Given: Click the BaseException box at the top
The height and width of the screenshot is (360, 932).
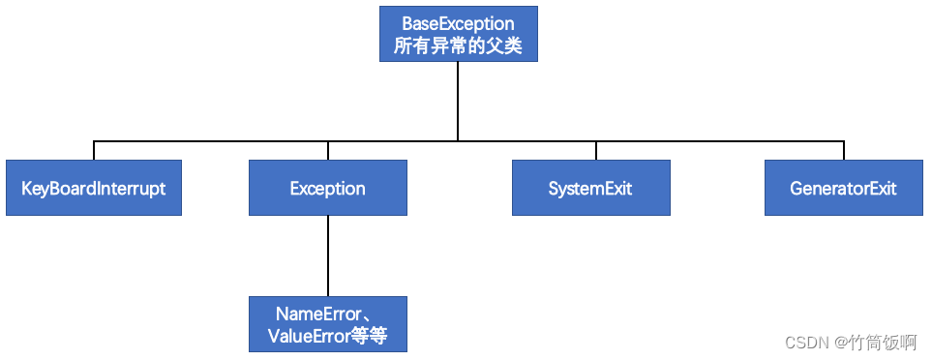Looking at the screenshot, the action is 459,34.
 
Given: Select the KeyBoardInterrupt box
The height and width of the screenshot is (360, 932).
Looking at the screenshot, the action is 93,188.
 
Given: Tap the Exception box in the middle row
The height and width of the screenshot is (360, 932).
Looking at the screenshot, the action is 327,188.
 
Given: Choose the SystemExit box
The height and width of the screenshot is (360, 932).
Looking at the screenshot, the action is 590,188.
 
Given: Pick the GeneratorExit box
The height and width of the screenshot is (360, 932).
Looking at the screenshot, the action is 843,188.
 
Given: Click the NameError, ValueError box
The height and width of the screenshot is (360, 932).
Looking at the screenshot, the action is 327,324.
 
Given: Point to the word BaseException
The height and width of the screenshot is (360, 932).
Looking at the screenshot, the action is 459,24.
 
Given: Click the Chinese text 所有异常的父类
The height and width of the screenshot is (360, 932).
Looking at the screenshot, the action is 459,45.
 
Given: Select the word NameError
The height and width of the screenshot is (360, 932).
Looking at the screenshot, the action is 318,314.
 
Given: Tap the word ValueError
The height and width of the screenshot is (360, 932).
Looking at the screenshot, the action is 308,336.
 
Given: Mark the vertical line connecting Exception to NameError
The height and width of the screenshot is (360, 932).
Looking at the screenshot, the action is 327,256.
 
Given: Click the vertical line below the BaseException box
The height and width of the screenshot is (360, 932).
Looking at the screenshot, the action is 458,101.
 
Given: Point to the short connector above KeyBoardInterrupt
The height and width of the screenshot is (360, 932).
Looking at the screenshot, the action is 93,150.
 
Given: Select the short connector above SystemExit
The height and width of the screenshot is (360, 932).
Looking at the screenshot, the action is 595,150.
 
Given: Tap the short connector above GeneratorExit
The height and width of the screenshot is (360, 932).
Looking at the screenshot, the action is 843,150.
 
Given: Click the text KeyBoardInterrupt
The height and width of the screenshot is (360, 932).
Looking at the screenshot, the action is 93,189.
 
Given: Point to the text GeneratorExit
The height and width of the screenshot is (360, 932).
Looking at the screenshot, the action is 843,189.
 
